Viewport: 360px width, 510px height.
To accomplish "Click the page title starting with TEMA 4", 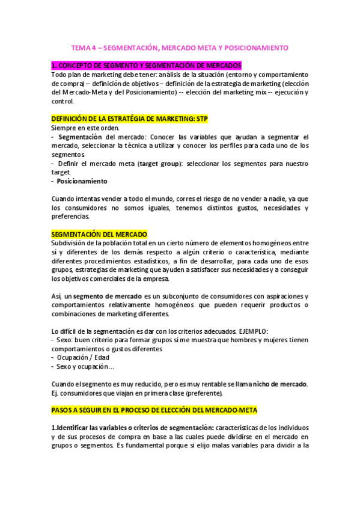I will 180,47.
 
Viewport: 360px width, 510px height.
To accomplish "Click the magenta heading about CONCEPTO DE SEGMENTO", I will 147,65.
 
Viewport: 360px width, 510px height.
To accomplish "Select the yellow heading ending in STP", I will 130,119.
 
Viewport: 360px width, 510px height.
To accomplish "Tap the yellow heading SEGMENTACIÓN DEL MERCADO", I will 99,234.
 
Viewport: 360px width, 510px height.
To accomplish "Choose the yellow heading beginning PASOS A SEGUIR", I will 154,410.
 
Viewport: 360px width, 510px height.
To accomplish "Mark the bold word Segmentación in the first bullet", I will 80,137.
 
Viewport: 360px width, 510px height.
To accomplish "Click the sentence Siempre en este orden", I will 85,128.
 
